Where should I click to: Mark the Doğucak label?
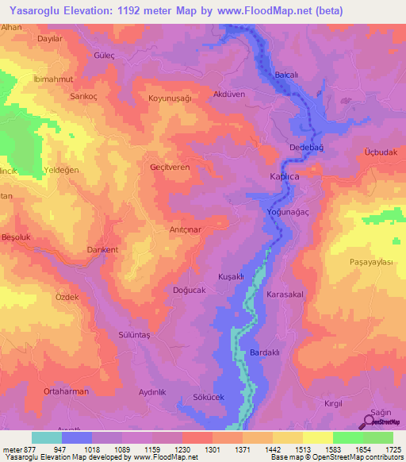click(189, 291)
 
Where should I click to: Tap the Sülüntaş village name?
click(133, 336)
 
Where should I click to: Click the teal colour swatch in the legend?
click(47, 437)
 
